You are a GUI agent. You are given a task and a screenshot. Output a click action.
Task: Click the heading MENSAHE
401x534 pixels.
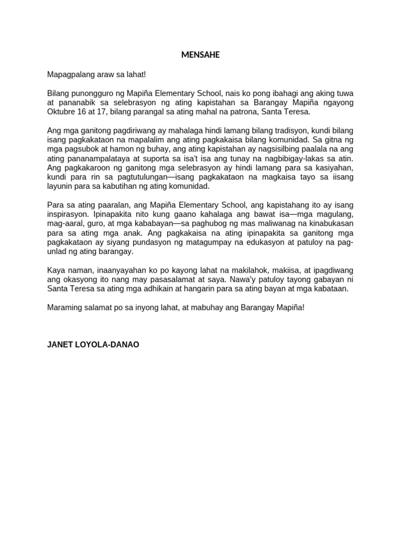(200, 55)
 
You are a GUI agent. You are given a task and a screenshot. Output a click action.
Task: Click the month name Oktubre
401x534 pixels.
(62, 112)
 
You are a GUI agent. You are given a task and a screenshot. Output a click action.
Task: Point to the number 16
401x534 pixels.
(84, 112)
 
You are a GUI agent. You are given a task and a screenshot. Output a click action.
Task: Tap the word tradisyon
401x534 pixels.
(292, 130)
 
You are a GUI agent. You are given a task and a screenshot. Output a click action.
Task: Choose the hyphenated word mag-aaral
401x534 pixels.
(63, 223)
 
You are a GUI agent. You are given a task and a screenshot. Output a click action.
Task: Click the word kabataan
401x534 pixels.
(332, 288)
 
